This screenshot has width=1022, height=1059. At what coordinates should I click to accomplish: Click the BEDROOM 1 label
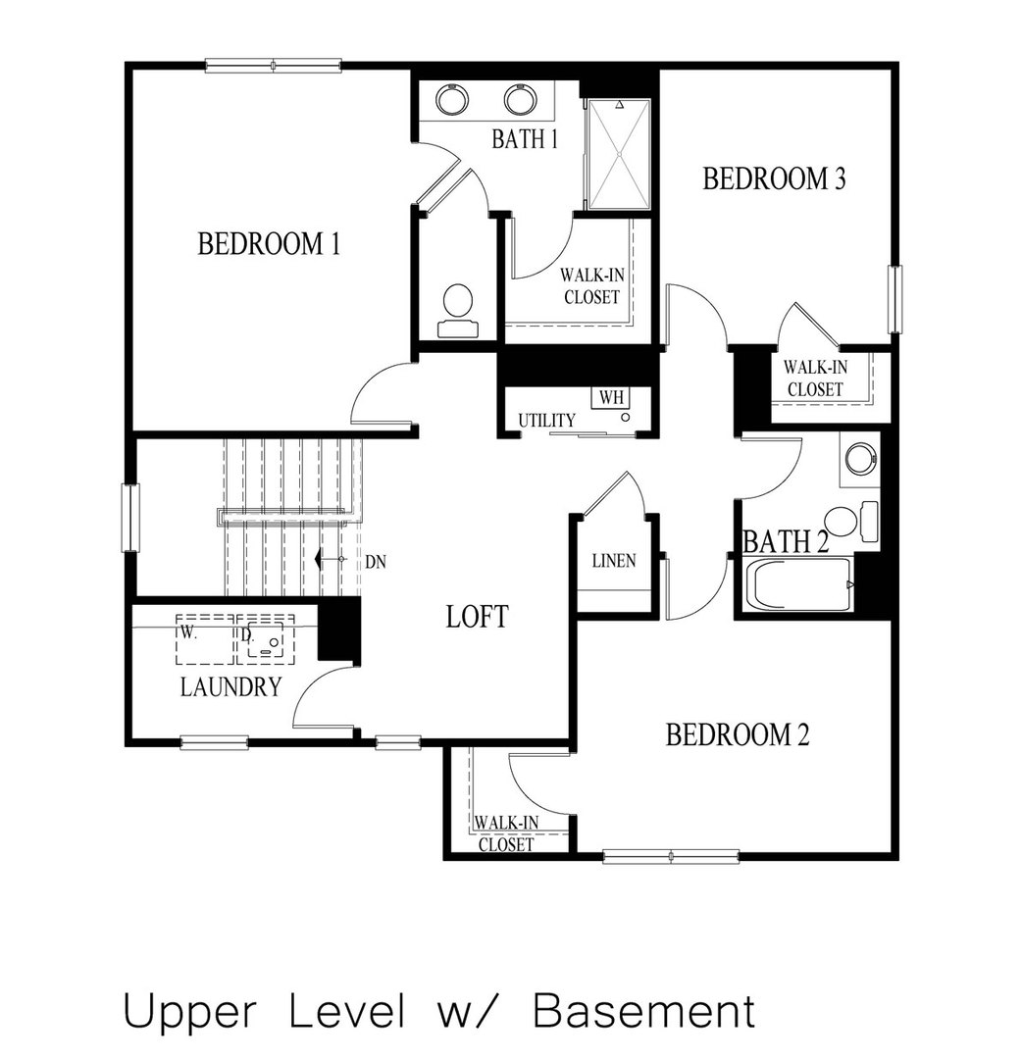269,243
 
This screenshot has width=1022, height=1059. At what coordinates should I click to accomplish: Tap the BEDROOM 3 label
774,179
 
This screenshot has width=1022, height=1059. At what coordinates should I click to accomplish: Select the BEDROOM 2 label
737,735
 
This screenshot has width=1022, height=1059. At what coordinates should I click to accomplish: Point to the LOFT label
477,617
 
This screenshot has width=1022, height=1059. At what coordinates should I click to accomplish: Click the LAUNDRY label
231,687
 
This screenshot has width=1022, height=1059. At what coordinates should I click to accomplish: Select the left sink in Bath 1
452,100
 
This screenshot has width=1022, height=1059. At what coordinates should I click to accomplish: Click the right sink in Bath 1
519,100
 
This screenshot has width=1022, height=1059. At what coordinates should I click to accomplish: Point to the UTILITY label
546,421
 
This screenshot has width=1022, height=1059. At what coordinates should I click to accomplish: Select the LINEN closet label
614,562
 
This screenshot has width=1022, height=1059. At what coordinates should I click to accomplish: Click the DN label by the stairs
375,563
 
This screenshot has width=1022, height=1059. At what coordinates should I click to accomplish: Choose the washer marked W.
203,638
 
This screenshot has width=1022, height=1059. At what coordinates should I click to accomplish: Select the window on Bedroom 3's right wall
894,298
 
